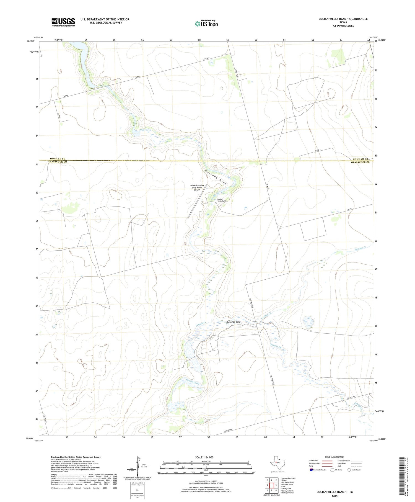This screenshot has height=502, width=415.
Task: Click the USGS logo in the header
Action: click(63, 22)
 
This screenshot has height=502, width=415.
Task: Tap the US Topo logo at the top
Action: click(206, 24)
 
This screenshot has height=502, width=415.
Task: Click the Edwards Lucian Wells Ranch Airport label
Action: click(197, 187)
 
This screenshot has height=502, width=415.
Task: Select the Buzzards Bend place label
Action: click(233, 322)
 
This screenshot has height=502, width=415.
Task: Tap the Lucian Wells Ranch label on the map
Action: click(222, 200)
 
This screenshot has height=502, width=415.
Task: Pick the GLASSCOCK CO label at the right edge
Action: click(360, 162)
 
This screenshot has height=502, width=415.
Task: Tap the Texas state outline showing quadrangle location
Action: click(277, 462)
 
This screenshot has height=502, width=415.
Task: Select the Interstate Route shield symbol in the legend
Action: click(311, 470)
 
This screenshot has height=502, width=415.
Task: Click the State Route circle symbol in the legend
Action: click(349, 470)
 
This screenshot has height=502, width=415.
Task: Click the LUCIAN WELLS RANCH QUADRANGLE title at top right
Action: click(343, 19)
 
